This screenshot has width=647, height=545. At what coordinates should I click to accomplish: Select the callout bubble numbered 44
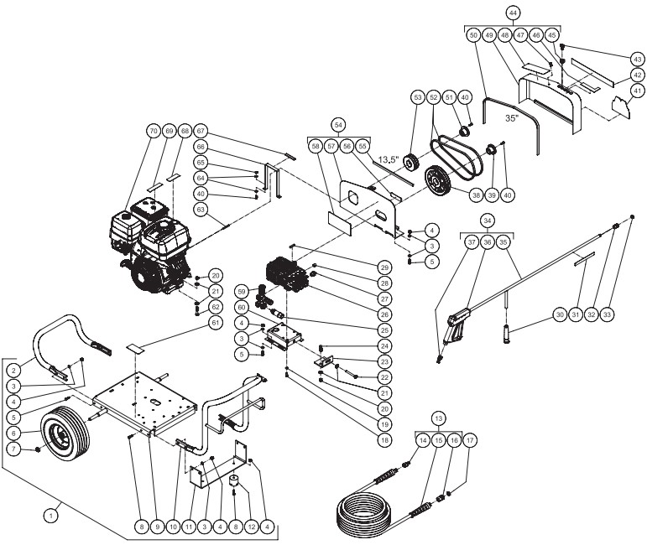(512, 13)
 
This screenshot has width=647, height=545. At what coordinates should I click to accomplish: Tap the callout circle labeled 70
(153, 132)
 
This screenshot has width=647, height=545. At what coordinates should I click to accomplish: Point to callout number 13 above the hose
(437, 418)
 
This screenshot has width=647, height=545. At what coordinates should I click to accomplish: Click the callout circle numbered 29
(384, 267)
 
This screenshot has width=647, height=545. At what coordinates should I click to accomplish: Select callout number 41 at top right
(637, 91)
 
